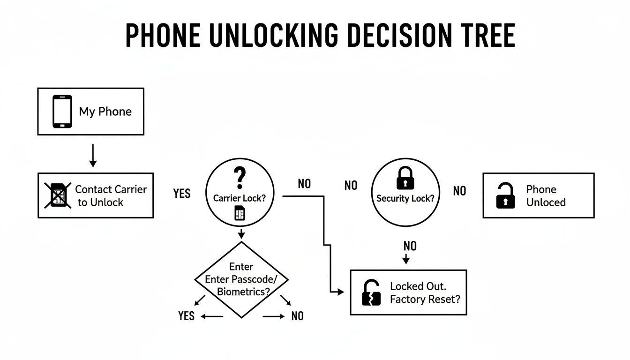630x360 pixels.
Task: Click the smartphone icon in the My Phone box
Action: (x=62, y=112)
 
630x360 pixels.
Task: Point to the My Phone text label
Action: (x=105, y=112)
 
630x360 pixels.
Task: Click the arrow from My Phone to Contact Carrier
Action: (x=93, y=156)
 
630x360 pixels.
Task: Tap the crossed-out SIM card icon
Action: (x=58, y=195)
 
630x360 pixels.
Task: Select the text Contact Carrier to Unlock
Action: (x=111, y=196)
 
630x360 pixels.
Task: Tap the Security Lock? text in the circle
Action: (x=405, y=198)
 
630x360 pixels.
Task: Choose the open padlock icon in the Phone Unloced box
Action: (x=505, y=195)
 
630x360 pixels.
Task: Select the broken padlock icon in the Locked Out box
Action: (x=371, y=292)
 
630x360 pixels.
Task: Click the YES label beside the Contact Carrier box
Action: (x=181, y=193)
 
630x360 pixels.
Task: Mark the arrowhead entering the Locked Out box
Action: (x=341, y=292)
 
